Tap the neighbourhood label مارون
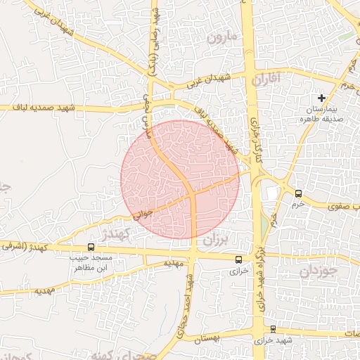pos(224,36)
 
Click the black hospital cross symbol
pos(322,98)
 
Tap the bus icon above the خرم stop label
pos(298,193)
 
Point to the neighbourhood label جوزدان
pos(319,271)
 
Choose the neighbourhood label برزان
pos(215,240)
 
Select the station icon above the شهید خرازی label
pos(273,329)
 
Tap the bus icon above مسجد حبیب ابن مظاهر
pos(91,247)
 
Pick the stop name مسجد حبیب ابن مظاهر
pos(92,263)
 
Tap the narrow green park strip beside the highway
pos(264,225)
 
